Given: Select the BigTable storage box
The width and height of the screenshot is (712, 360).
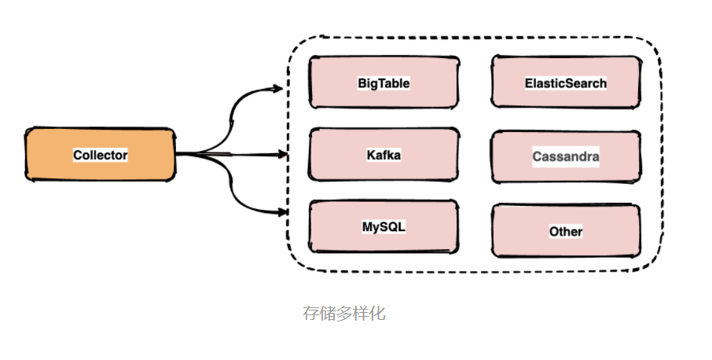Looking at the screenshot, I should (384, 82).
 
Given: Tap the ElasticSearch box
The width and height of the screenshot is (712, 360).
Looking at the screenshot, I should (565, 82).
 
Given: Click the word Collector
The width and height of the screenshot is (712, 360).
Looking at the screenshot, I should (100, 155).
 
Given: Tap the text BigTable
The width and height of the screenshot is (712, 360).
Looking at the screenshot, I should (384, 83).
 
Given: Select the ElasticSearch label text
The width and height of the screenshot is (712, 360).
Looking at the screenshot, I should (565, 83).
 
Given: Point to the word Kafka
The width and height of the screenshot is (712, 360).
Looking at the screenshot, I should (384, 155).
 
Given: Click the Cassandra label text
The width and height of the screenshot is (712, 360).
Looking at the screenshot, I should (565, 156).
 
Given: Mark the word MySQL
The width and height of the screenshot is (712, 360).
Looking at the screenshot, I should (384, 226).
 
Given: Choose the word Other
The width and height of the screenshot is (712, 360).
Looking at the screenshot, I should (566, 231).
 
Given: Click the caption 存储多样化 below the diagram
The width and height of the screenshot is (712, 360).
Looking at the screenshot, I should (344, 313).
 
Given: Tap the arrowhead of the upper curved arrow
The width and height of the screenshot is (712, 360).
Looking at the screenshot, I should (278, 89).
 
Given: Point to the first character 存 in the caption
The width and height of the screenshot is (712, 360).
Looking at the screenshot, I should (311, 313).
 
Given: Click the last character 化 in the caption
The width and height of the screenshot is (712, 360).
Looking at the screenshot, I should (377, 313).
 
